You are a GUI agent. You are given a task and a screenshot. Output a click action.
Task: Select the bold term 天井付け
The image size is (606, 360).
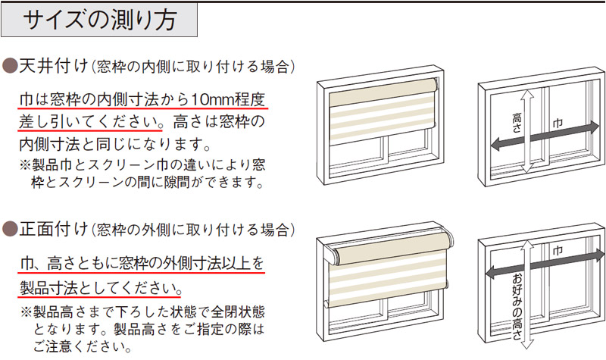[x=45, y=65]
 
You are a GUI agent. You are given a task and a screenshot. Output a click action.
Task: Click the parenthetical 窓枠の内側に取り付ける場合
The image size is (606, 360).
[x=194, y=66]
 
